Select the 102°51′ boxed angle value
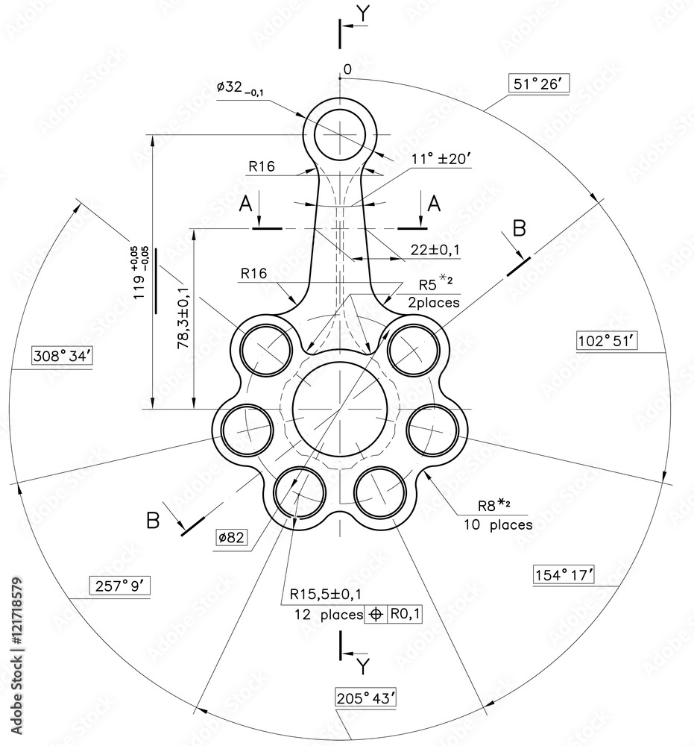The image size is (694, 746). (x=607, y=341)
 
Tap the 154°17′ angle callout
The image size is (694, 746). (x=564, y=574)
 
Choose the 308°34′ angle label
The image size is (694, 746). (x=62, y=356)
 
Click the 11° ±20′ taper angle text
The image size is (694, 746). (x=443, y=159)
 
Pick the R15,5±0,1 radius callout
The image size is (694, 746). (x=327, y=595)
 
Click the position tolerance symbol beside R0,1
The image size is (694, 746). (x=376, y=614)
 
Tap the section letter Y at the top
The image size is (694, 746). (x=362, y=13)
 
